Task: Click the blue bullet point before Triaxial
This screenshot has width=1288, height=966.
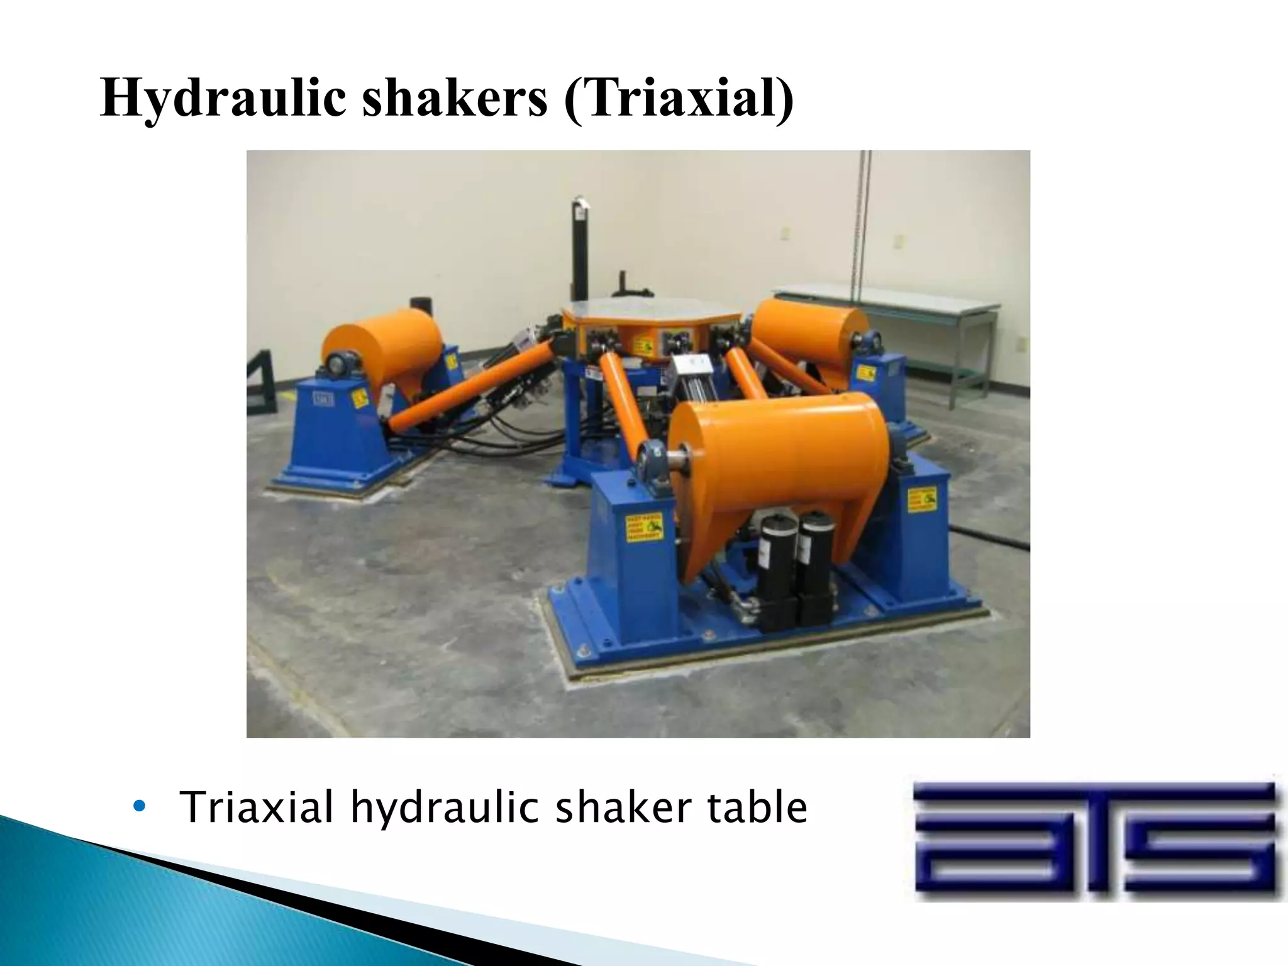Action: (140, 807)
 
